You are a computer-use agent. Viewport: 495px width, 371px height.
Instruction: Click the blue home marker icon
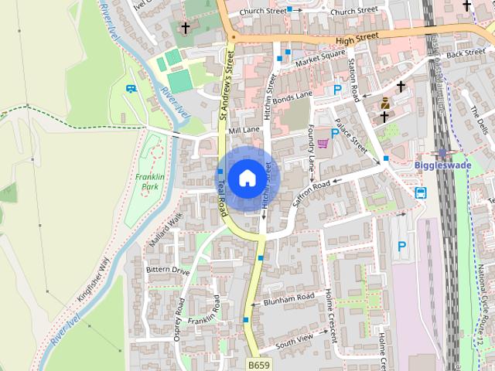(x=247, y=178)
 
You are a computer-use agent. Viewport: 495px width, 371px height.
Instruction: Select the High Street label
(x=357, y=36)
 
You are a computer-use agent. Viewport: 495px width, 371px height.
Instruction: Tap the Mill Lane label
(x=244, y=130)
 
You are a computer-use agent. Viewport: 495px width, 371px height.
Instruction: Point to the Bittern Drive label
(x=168, y=271)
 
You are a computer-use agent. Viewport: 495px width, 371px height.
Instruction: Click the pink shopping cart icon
(x=323, y=142)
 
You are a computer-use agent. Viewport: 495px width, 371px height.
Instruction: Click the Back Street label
(x=466, y=53)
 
